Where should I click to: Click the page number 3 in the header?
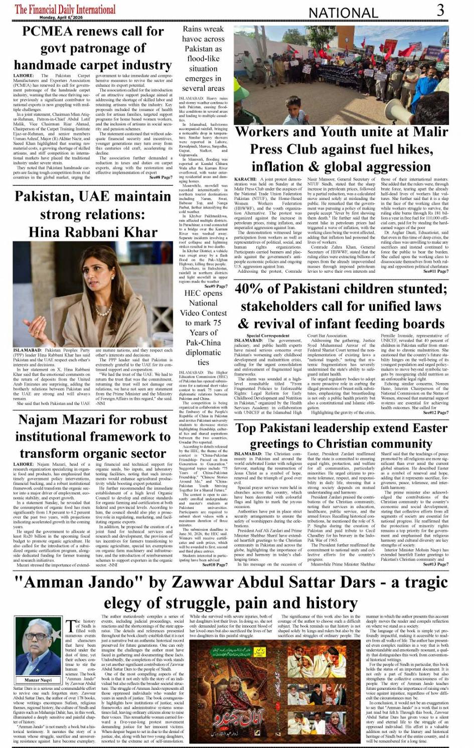(x=440, y=10)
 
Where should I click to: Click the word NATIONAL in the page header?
(x=343, y=13)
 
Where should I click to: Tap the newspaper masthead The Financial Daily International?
(x=65, y=9)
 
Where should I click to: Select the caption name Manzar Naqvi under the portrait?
(x=38, y=680)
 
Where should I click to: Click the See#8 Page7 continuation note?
(x=161, y=177)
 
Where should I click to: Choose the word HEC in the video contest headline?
(x=192, y=293)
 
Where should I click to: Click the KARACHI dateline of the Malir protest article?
(x=246, y=179)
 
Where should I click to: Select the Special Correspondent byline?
(x=268, y=335)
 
